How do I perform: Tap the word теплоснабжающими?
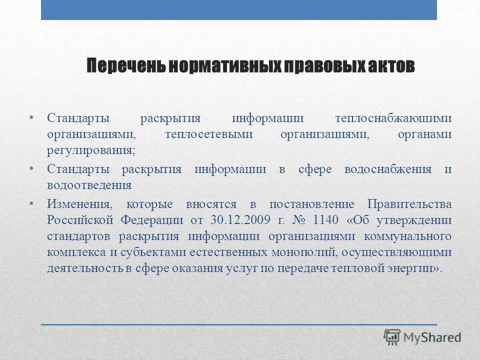(393, 118)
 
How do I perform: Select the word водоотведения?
(89, 185)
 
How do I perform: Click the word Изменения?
(80, 204)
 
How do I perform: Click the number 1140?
(326, 220)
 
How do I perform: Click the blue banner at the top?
(239, 10)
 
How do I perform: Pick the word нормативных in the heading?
(224, 66)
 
